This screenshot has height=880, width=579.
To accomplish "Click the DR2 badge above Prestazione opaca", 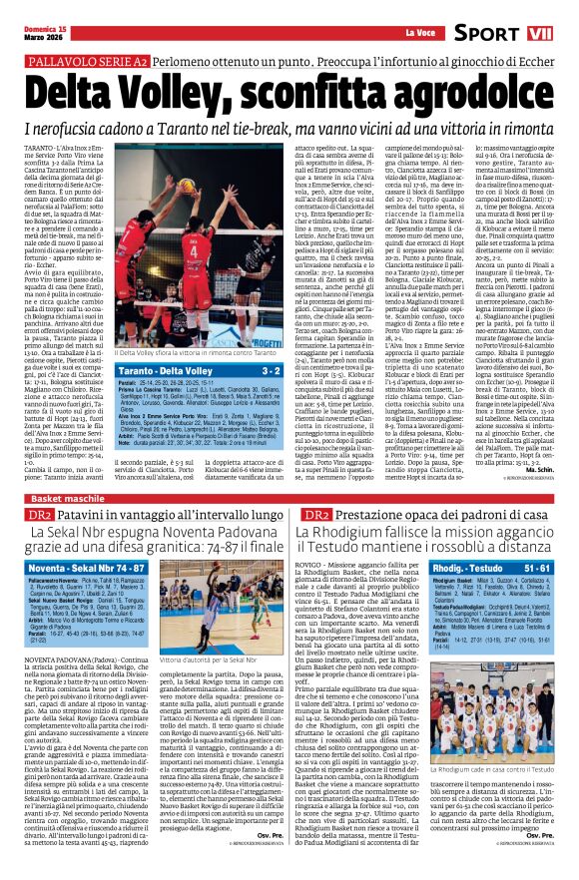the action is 316,514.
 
